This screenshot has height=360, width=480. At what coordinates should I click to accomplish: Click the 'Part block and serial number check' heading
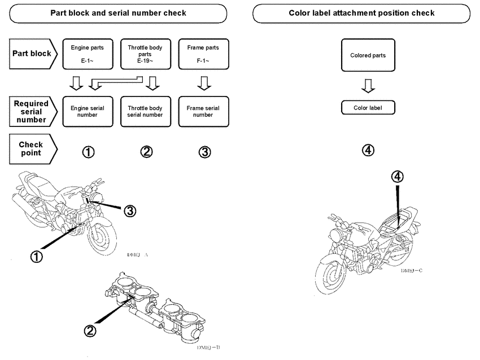point(119,13)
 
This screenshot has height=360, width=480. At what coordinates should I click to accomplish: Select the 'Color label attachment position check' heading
point(361,13)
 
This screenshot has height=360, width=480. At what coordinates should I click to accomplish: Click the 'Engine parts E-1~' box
point(88,53)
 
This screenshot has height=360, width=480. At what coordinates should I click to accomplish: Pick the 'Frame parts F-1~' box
point(203,53)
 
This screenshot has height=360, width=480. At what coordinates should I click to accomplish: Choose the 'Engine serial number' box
point(88,111)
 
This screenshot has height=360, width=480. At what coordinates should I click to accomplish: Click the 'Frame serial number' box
point(203,111)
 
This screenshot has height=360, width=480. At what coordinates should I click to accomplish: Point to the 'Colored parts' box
point(368,55)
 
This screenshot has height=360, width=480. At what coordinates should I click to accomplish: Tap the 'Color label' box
point(368,107)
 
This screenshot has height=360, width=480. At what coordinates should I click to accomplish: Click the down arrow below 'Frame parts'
point(203,84)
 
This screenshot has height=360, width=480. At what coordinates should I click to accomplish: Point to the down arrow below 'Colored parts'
point(368,85)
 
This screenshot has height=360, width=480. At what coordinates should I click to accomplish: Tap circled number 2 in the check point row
point(147,151)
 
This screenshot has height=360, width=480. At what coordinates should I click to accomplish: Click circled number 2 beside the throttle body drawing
point(89,332)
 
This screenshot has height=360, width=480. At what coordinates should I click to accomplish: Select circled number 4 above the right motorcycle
point(397,177)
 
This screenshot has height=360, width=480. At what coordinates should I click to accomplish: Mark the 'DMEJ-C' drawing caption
point(412,271)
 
